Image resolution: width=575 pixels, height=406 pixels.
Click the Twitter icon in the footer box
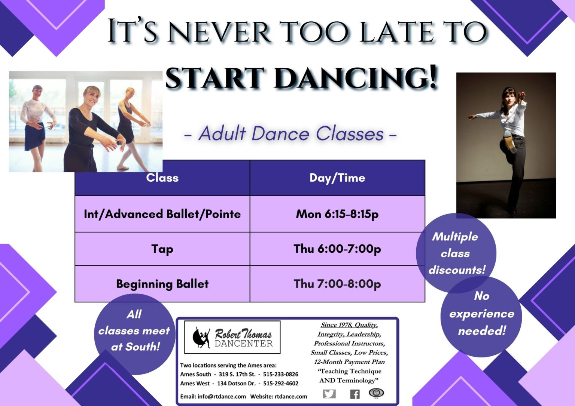pos(329,394)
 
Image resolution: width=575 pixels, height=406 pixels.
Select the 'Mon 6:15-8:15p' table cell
pos(337,214)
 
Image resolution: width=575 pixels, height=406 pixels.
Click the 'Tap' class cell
pos(162,249)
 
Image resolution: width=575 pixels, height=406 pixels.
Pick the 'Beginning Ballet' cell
pos(162,284)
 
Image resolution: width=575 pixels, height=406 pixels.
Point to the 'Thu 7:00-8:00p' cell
pos(337,284)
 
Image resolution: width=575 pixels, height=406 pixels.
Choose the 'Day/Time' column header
pos(337,178)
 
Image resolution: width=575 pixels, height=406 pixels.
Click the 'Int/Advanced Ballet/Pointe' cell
pos(162,214)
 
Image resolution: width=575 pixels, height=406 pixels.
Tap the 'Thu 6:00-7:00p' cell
pos(337,249)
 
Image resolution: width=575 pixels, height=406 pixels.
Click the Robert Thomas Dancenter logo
pos(232,337)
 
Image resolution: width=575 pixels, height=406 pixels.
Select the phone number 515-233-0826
pos(280,374)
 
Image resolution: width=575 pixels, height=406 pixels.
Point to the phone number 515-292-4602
pos(280,383)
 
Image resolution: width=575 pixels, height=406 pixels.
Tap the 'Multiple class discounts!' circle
pos(456,253)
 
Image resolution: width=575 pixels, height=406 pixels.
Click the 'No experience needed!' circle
pos(481,314)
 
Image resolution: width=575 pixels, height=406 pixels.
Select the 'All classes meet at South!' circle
pos(134,331)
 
